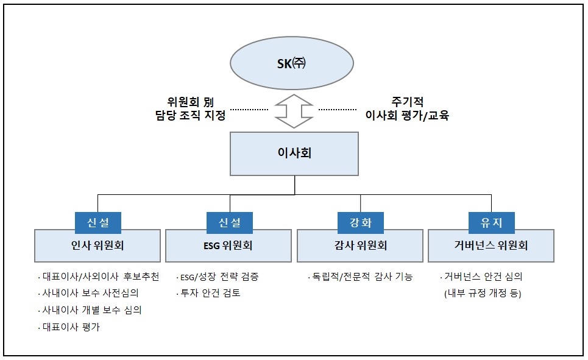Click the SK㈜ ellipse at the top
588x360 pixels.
291,64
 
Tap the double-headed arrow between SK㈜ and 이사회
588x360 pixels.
294,110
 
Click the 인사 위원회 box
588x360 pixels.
97,246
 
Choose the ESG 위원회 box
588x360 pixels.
229,246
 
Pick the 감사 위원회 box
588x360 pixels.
360,246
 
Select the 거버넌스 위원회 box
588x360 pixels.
491,246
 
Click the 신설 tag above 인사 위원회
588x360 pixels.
97,222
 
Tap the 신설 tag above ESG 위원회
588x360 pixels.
229,222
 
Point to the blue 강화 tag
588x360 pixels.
360,222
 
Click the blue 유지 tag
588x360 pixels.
491,222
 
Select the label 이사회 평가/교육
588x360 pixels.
406,115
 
